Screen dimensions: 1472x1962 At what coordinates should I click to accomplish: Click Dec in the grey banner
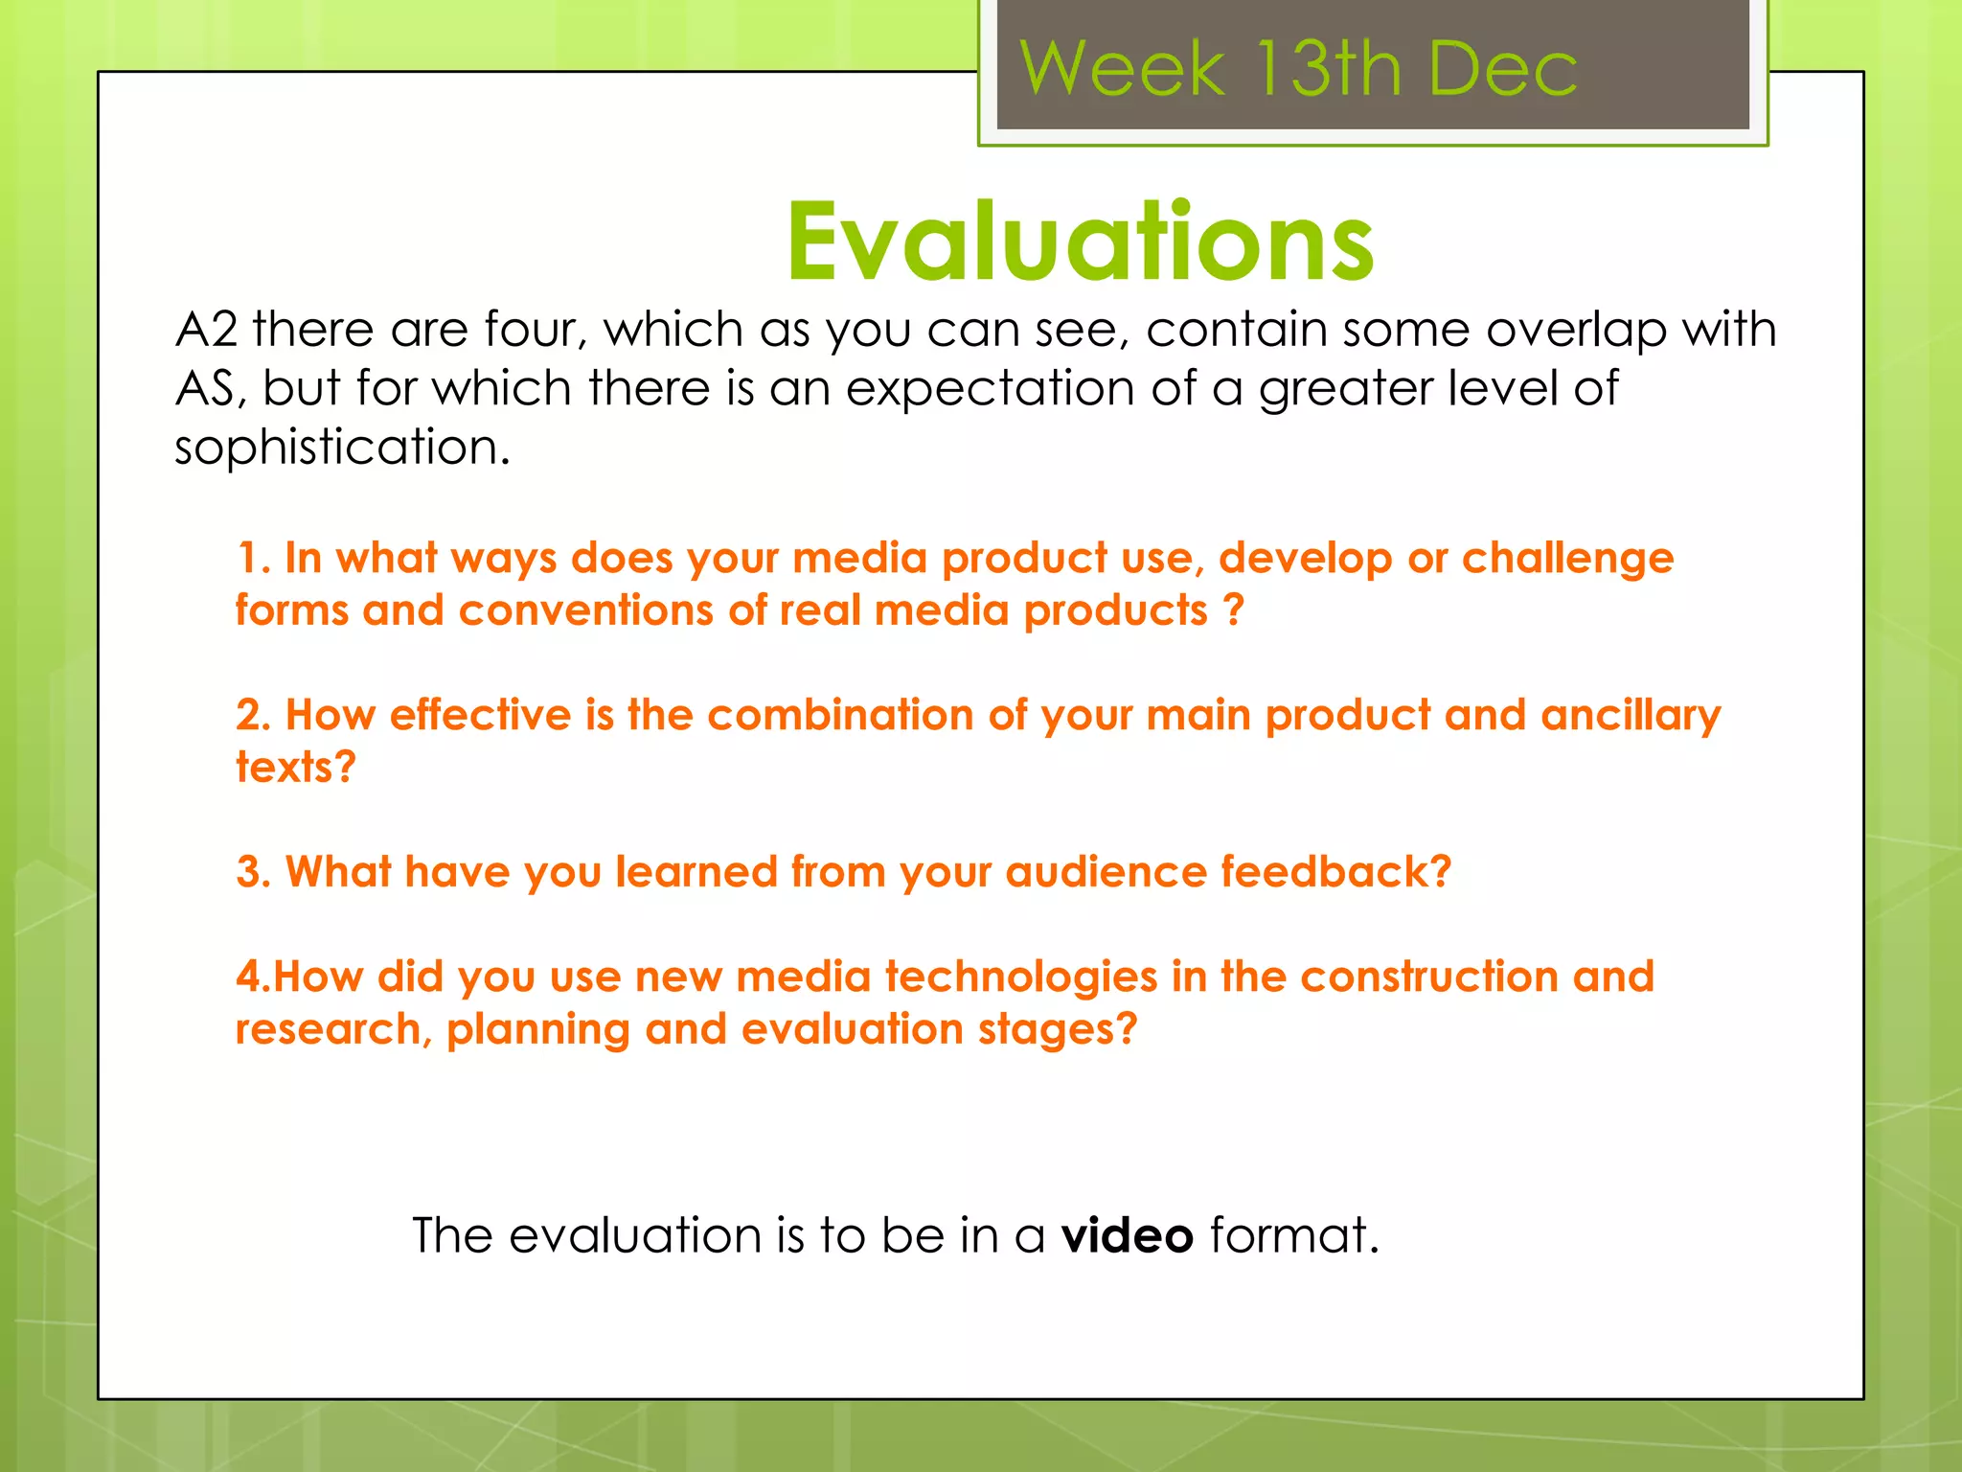[x=1502, y=69]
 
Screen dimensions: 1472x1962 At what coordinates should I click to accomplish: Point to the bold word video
[x=1127, y=1235]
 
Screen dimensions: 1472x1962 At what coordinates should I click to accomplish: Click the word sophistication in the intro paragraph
[x=341, y=448]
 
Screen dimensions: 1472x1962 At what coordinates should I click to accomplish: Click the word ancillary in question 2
[x=1631, y=716]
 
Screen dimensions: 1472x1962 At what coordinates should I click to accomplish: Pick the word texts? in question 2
[x=295, y=767]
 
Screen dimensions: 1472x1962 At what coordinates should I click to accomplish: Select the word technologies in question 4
[x=1021, y=977]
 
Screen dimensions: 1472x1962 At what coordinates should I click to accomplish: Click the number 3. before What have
[x=254, y=872]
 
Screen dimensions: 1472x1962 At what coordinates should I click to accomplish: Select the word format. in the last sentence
[x=1293, y=1235]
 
